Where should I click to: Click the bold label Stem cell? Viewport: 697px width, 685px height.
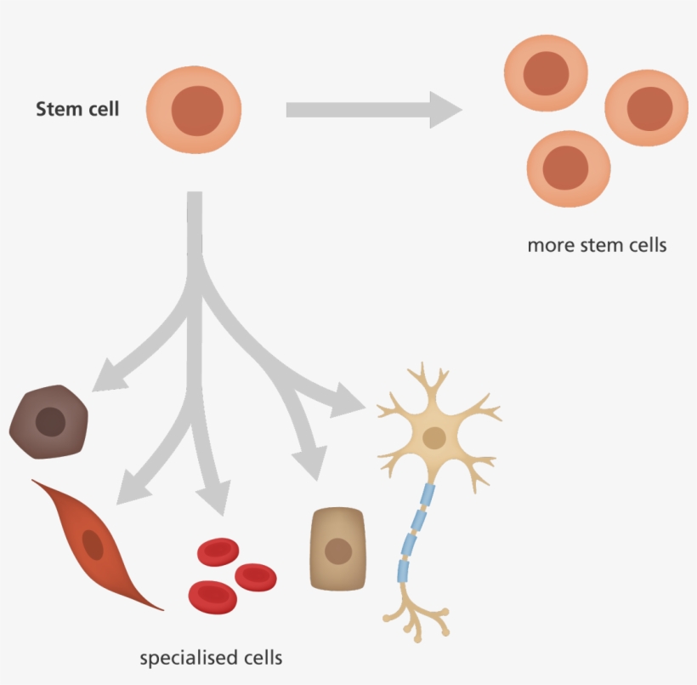pos(77,109)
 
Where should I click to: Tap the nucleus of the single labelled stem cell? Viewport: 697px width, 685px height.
pos(197,111)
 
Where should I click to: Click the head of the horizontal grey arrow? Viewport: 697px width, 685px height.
pos(444,109)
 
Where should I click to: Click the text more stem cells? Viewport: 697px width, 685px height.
pos(597,246)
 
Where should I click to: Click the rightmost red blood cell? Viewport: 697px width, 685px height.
pos(256,576)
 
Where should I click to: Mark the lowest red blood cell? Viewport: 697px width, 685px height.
pos(212,595)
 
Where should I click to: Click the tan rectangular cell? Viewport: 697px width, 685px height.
pos(339,550)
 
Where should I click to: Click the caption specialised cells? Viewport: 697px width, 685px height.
pos(211,658)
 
